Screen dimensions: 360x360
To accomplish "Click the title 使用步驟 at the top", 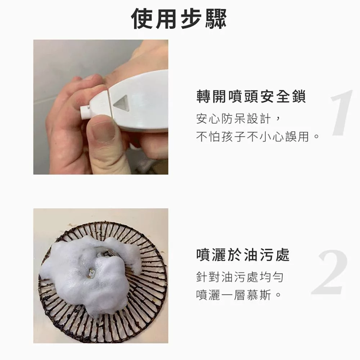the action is pos(179,19).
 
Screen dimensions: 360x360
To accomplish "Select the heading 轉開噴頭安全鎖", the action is pos(251,96).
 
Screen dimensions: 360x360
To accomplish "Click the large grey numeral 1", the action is pos(342,112).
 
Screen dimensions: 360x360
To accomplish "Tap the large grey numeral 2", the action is pos(329,272).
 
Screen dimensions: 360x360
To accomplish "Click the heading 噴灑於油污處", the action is pos(243,255).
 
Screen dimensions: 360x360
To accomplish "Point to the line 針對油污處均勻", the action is pos(240,277).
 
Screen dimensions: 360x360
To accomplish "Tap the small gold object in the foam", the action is pos(92,274).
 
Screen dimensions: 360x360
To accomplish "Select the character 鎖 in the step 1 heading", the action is pos(299,96).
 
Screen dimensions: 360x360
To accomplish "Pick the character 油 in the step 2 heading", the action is pos(251,255).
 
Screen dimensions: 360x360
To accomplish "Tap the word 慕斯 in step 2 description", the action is pos(259,295).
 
